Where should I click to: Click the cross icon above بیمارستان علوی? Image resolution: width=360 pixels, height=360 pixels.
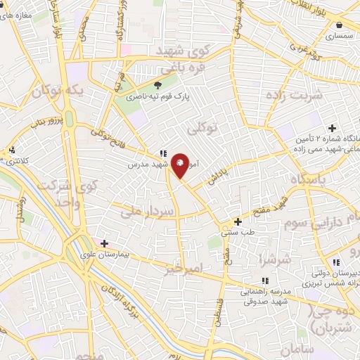point(104,243)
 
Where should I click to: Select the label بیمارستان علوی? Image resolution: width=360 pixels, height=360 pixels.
point(105,255)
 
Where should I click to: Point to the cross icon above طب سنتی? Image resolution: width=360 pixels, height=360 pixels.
point(238,222)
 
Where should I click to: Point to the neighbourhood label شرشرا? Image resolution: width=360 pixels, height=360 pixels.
point(272,259)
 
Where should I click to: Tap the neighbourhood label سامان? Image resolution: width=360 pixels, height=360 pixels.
point(294,349)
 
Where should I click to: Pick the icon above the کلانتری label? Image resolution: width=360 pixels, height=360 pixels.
point(12,150)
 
